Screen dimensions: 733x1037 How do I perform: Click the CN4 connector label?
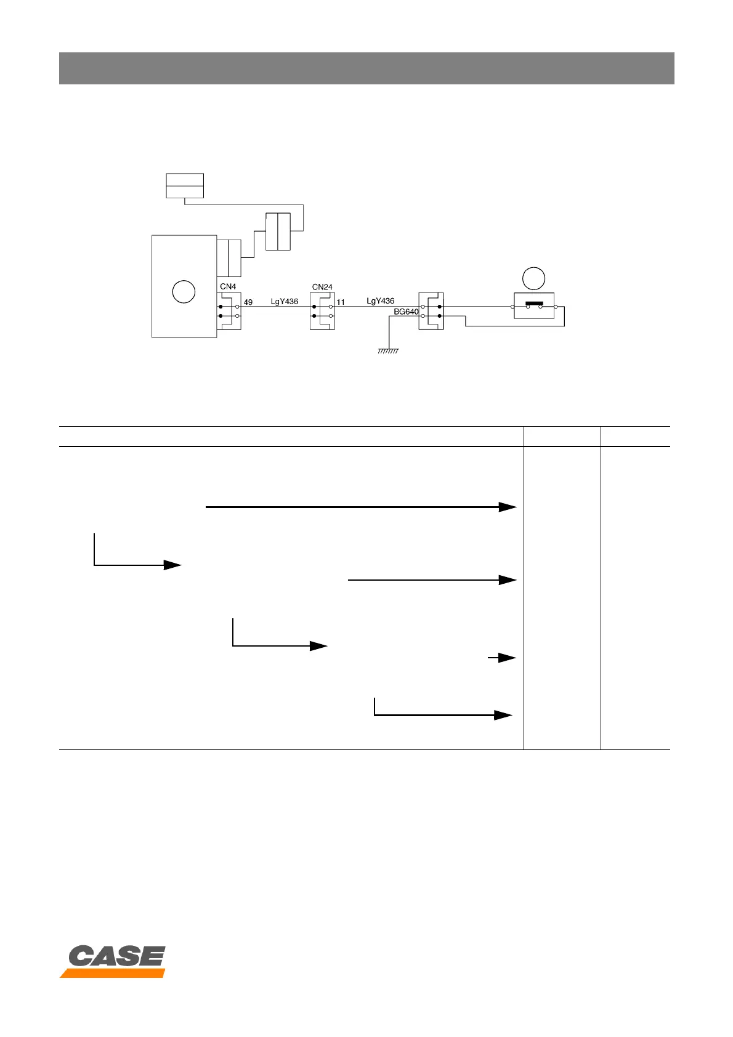[x=228, y=286]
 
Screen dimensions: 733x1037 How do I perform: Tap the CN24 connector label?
[x=322, y=287]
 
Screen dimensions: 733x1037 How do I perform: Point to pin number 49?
[x=248, y=302]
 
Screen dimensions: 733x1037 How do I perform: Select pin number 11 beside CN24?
[x=341, y=302]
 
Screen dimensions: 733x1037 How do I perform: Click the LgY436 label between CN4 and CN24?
[x=285, y=302]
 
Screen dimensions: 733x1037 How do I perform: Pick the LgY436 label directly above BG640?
[x=381, y=301]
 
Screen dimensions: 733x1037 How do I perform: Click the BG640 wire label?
[x=407, y=312]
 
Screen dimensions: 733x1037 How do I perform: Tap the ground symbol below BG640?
[x=388, y=351]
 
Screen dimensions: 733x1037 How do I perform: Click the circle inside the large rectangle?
[x=184, y=291]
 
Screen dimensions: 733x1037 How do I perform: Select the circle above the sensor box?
[x=533, y=278]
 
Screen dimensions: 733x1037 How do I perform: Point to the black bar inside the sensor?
[x=533, y=304]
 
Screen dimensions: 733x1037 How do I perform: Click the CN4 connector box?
[x=229, y=311]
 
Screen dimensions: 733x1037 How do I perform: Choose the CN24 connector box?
[x=322, y=311]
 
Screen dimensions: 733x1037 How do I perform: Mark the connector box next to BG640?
[x=431, y=311]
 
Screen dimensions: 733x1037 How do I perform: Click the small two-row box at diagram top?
[x=185, y=186]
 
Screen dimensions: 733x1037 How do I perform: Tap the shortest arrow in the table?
[x=502, y=658]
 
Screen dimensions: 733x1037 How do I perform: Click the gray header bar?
[x=366, y=68]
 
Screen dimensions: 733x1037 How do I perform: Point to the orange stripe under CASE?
[x=113, y=973]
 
